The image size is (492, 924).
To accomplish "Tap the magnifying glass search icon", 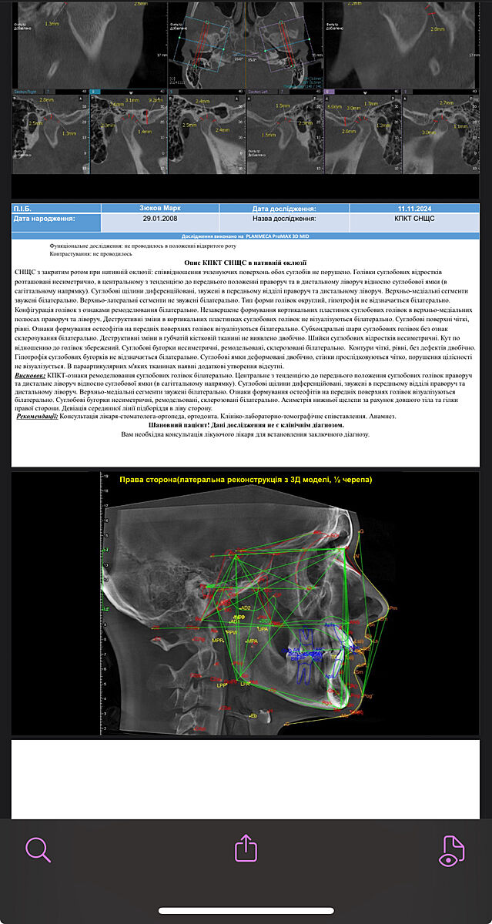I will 38,849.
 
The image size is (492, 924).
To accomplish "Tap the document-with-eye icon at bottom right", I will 453,850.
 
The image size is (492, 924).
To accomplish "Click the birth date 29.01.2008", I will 160,219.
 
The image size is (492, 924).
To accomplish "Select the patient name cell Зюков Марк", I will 160,209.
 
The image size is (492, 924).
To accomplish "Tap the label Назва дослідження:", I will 283,219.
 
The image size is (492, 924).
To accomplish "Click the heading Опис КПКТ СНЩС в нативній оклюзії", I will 246,262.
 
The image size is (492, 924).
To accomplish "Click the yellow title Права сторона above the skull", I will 246,480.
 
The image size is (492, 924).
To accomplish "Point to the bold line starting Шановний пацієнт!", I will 246,425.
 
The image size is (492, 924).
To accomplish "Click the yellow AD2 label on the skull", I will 245,608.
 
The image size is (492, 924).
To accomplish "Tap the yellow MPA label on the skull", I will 251,641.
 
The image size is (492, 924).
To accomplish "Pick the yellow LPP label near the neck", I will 222,685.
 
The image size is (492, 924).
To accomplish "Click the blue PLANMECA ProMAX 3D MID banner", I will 246,236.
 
